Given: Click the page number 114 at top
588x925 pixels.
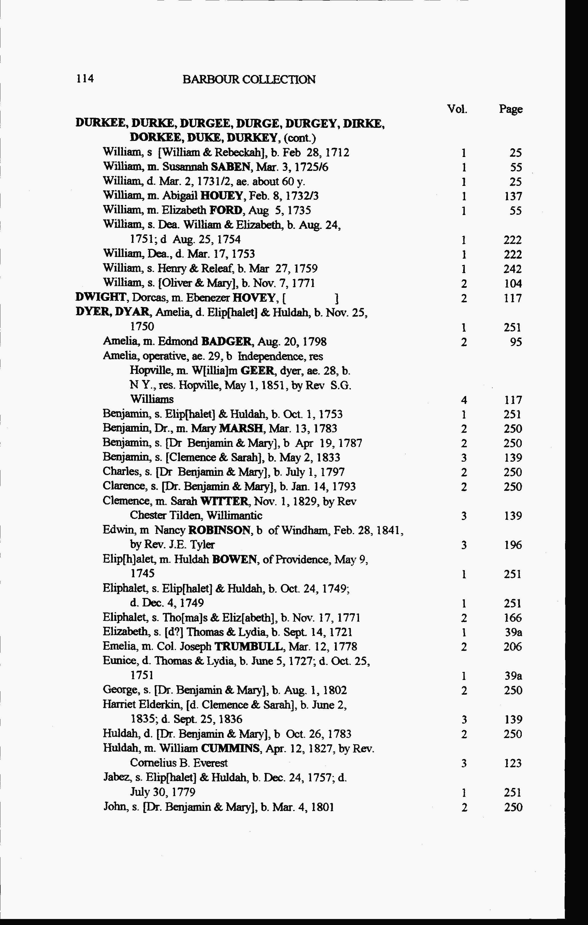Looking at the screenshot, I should coord(85,79).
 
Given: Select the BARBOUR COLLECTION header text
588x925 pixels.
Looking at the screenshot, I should coord(249,80).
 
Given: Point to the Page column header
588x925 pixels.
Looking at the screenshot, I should coord(511,110).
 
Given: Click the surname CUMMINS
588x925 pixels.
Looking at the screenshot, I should coord(231,749).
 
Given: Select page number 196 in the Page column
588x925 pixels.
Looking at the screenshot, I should coord(513,545).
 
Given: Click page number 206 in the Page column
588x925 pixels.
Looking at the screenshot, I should coord(513,647).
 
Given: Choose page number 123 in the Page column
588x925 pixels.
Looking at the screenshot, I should coord(513,763).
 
